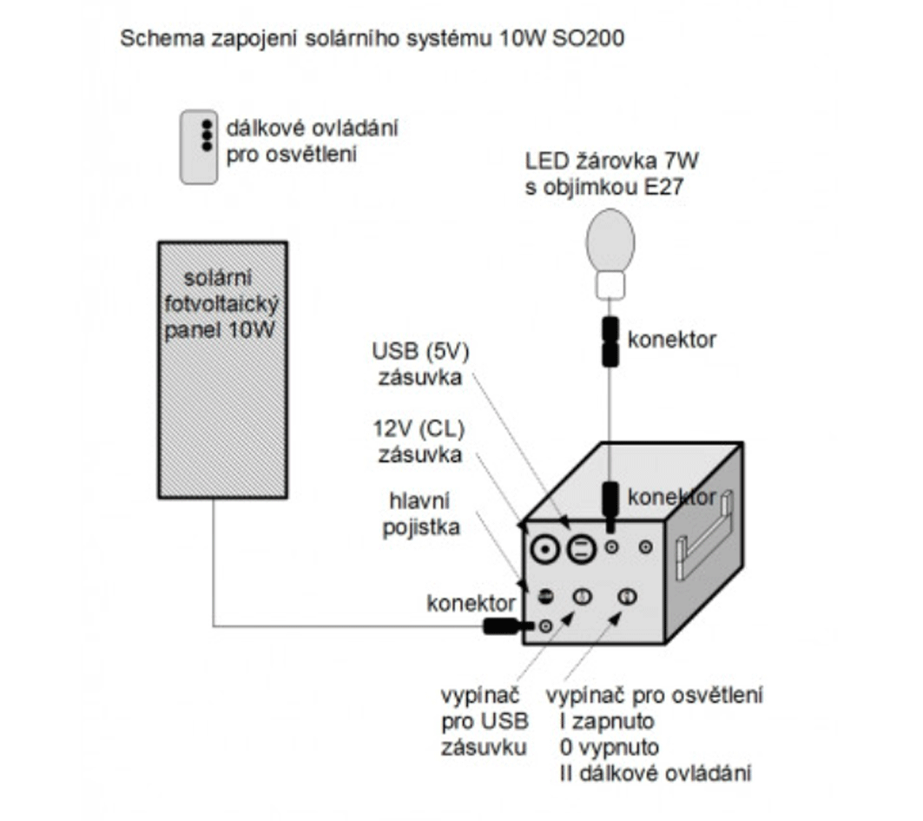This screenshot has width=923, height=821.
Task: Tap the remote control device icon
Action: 199,147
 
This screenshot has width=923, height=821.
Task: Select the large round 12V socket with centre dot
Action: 544,549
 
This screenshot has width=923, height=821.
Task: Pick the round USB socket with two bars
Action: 581,549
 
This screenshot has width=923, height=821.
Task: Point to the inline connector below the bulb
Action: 610,341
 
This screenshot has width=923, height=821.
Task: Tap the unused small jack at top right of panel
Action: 645,547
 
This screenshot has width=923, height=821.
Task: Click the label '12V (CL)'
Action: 418,430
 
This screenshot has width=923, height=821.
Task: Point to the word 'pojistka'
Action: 420,527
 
